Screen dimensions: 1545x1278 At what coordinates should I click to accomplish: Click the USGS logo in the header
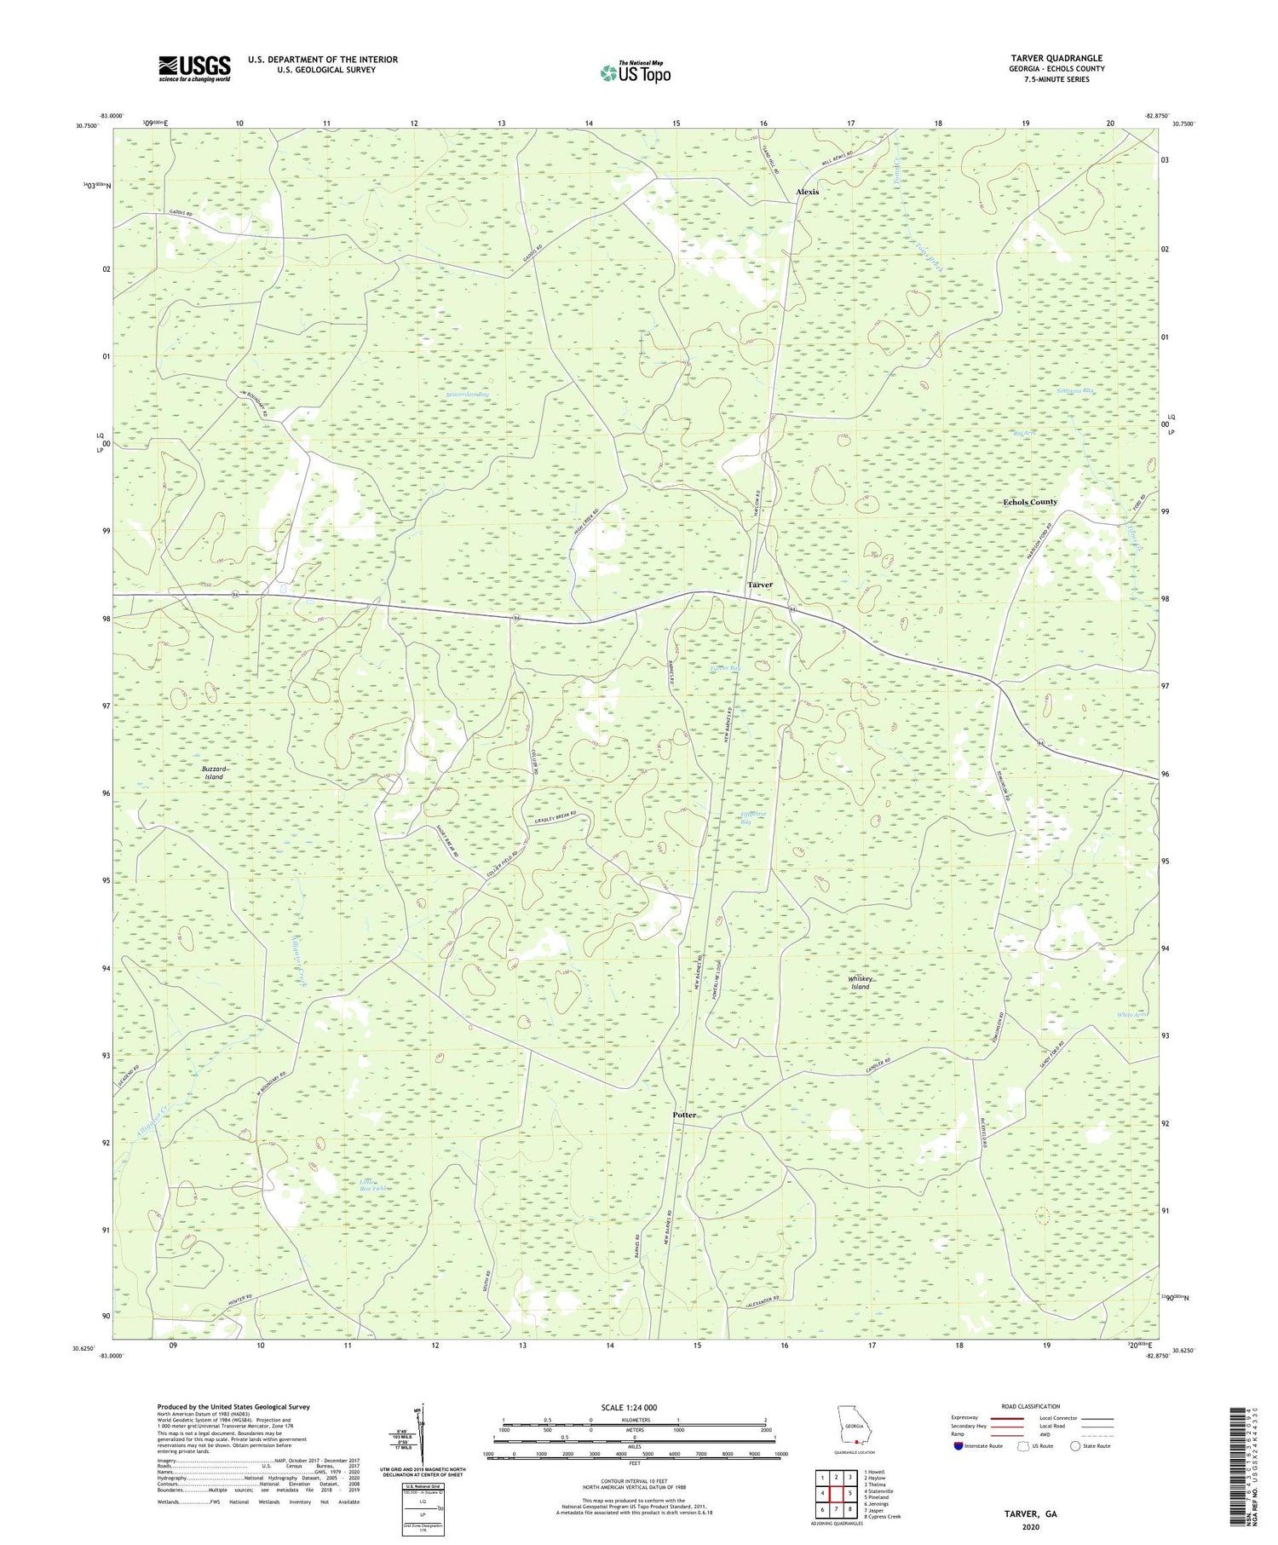pyautogui.click(x=193, y=68)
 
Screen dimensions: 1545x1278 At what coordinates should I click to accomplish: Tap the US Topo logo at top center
pyautogui.click(x=635, y=73)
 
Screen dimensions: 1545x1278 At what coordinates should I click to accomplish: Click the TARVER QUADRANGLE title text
pyautogui.click(x=1056, y=58)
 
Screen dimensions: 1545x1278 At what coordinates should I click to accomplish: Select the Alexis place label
pyautogui.click(x=806, y=192)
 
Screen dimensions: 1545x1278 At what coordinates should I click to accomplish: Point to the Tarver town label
pyautogui.click(x=759, y=585)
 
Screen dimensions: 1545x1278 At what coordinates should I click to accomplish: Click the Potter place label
pyautogui.click(x=684, y=1115)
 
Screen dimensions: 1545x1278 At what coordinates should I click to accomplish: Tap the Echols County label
pyautogui.click(x=1029, y=502)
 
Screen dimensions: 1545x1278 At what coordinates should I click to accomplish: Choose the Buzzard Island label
pyautogui.click(x=214, y=773)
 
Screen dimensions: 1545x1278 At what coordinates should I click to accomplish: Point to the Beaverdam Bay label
pyautogui.click(x=468, y=395)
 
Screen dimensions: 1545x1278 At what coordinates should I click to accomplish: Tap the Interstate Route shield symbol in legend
pyautogui.click(x=958, y=1446)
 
